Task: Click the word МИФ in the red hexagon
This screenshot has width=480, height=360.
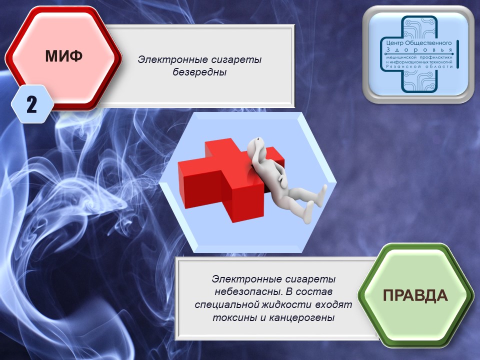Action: (x=63, y=55)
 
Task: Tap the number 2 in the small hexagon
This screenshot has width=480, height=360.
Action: (x=31, y=104)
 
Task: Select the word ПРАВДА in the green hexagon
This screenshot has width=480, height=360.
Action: (x=415, y=295)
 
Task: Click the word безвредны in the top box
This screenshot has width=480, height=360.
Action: (x=199, y=72)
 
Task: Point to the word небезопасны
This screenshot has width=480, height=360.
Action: (x=249, y=291)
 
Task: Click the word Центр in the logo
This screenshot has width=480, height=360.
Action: (x=394, y=43)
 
